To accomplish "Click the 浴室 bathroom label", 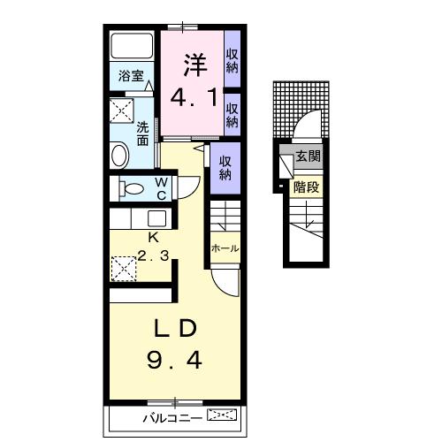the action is [131, 75].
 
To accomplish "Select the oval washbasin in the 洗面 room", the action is [119, 155].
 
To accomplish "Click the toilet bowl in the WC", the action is [132, 188].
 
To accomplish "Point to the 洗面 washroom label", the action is [142, 134].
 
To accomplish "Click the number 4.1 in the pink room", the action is [194, 97].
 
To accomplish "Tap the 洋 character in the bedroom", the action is [195, 65].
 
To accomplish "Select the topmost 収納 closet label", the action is [232, 61].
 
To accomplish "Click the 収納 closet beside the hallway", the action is [225, 168].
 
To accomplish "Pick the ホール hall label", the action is [225, 248].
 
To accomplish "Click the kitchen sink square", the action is [156, 218].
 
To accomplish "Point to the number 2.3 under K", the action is [153, 255].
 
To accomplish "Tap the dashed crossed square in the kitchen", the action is [124, 269].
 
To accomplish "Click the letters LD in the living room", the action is [176, 328].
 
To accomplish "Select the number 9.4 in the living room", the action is [174, 361].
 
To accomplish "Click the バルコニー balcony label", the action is [172, 418].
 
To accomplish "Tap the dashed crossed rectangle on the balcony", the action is [222, 415].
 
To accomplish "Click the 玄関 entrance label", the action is [309, 156].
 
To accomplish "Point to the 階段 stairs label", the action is [307, 187].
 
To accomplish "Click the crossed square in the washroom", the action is [122, 110].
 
